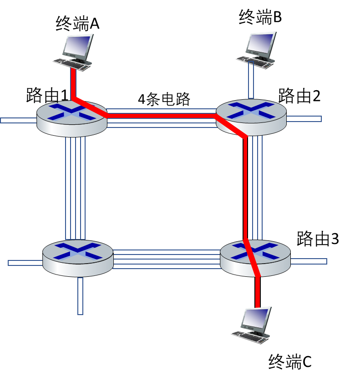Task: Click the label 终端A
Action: click(77, 23)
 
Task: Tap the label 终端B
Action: click(260, 16)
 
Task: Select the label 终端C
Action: click(290, 362)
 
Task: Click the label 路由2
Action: click(299, 96)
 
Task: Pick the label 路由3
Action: click(318, 238)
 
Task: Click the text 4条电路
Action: click(164, 99)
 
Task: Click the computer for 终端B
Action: click(256, 50)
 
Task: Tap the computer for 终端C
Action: click(251, 325)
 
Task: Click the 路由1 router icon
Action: click(72, 118)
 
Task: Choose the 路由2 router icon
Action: click(251, 117)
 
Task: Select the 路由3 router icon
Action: click(255, 258)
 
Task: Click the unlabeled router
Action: click(78, 258)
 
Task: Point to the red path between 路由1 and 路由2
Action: click(161, 116)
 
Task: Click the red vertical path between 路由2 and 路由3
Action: click(245, 188)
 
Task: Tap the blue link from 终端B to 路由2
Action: click(251, 80)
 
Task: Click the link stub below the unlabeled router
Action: click(81, 296)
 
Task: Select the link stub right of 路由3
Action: click(309, 261)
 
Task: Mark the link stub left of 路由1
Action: click(19, 120)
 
